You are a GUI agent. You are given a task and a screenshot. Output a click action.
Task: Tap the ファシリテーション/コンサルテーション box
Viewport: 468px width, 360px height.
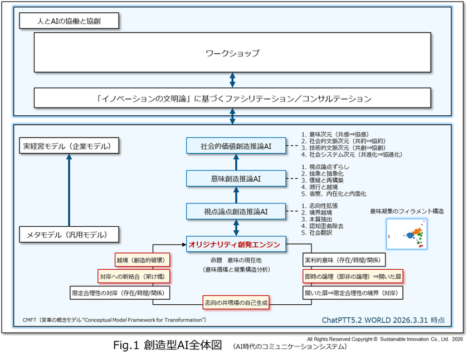[x=232, y=98]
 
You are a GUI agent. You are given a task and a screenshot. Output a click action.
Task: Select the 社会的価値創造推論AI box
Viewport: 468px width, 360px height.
[x=236, y=147]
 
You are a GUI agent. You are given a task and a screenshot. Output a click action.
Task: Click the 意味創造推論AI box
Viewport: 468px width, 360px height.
[x=236, y=179]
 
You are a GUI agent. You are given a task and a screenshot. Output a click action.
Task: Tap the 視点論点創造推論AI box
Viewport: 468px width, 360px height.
[x=236, y=211]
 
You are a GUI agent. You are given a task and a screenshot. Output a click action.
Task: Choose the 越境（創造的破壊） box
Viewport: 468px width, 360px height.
[x=142, y=260]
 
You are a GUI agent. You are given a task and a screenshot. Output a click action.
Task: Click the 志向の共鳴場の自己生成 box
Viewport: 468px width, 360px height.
[x=236, y=303]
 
